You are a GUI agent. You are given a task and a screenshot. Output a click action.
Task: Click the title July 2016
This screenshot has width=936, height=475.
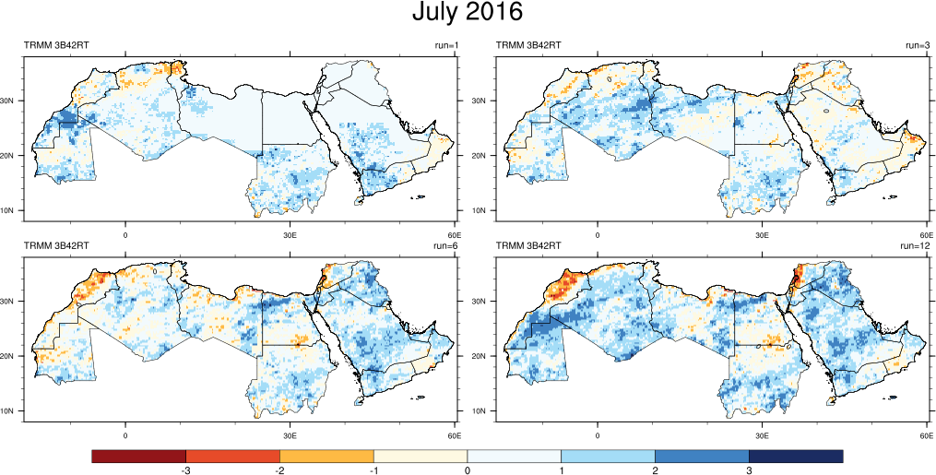pyautogui.click(x=468, y=13)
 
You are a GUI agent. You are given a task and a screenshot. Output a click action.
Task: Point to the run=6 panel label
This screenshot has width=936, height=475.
pyautogui.click(x=446, y=245)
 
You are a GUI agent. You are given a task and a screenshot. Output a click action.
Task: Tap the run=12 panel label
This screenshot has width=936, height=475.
pyautogui.click(x=915, y=245)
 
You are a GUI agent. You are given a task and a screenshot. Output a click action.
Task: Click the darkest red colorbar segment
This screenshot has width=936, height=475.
pyautogui.click(x=139, y=457)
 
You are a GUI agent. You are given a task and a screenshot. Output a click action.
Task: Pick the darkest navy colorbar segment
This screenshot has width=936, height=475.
pyautogui.click(x=796, y=457)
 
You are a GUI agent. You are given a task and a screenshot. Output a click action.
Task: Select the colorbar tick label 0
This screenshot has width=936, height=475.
pyautogui.click(x=468, y=470)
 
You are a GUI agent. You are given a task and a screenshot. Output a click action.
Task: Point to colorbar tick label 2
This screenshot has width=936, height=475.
pyautogui.click(x=655, y=470)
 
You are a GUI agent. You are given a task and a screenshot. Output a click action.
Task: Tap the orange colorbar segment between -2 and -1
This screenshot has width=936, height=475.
pyautogui.click(x=326, y=457)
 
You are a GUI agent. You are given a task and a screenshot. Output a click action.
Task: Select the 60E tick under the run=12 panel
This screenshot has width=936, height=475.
pyautogui.click(x=926, y=434)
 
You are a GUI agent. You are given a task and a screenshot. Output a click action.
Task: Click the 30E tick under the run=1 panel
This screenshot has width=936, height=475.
pyautogui.click(x=290, y=234)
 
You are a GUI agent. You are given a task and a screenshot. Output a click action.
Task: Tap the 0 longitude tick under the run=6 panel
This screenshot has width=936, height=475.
pyautogui.click(x=125, y=434)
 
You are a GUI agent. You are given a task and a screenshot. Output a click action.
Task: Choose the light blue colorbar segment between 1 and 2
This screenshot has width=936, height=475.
pyautogui.click(x=608, y=457)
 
